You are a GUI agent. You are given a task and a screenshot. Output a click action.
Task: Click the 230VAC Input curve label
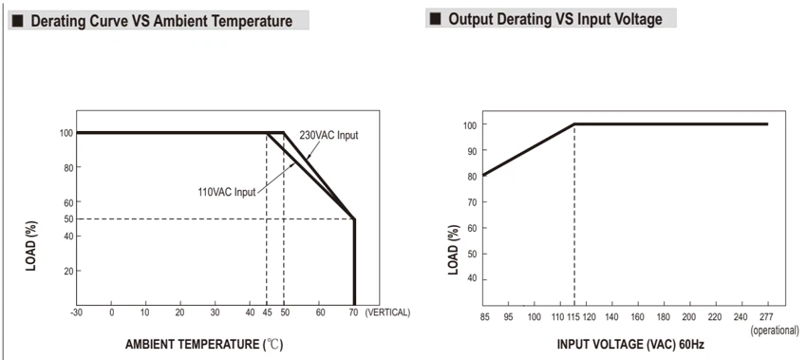(x=328, y=136)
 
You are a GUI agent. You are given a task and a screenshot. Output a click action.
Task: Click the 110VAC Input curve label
(x=227, y=192)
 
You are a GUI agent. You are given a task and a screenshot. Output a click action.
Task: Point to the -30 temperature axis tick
(x=77, y=313)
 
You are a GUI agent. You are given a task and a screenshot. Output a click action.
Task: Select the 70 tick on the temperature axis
(x=353, y=313)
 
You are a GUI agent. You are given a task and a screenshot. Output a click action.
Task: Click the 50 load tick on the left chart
(x=66, y=218)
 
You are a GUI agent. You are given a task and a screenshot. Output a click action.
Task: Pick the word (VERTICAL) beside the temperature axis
(x=387, y=313)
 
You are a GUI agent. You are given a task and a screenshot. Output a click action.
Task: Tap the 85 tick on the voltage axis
(x=484, y=317)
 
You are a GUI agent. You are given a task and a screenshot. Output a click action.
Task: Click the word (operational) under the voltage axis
(x=775, y=331)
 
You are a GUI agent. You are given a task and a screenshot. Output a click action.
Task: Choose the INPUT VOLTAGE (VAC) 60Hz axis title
(x=630, y=344)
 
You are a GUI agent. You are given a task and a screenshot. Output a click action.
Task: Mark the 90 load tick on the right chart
(x=473, y=150)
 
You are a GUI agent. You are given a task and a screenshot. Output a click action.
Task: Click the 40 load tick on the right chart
(x=473, y=279)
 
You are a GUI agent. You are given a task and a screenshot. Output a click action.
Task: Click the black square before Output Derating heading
(x=436, y=20)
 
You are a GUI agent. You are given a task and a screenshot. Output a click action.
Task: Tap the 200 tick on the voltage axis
(x=689, y=317)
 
